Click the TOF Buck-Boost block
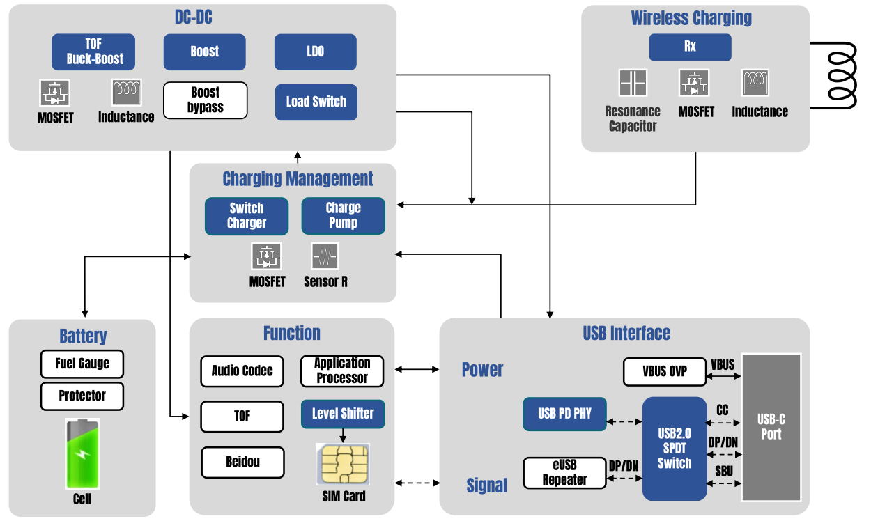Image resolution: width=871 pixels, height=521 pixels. (93, 52)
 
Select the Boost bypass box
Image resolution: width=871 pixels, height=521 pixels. (205, 100)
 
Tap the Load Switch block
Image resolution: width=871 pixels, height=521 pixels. (316, 102)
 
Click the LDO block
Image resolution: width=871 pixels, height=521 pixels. (315, 52)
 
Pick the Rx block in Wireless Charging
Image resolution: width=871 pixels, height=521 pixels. (690, 47)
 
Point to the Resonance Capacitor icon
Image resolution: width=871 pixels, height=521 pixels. (633, 83)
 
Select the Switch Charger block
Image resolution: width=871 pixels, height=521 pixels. (247, 216)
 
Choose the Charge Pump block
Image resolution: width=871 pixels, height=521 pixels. (343, 216)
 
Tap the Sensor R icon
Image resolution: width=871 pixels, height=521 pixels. (325, 256)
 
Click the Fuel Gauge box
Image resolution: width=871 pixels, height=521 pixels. (82, 364)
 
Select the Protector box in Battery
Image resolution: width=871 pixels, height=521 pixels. (82, 396)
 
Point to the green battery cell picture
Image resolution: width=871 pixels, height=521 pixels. (82, 453)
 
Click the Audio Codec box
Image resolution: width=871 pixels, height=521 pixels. (242, 371)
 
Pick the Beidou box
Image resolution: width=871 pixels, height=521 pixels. (242, 462)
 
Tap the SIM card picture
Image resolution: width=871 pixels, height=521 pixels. (342, 464)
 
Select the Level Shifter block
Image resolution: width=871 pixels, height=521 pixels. (342, 414)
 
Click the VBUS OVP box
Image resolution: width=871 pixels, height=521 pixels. (664, 372)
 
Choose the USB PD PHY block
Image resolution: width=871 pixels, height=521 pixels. (564, 414)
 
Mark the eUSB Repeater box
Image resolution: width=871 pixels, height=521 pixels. (564, 472)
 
